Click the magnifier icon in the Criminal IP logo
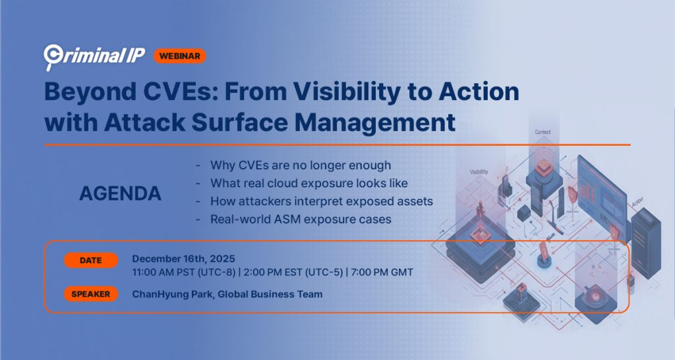coord(52,55)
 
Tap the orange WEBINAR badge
coord(180,55)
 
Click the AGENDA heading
coord(120,193)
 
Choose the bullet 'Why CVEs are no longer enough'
coord(300,165)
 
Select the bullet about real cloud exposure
coord(308,183)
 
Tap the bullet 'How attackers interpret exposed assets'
coord(321,200)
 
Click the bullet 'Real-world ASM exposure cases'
coord(301,218)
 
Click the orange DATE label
coord(91,260)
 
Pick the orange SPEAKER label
coord(91,294)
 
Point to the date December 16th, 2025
coord(183,258)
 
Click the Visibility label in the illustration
coord(479,171)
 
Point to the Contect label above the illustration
coord(543,133)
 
